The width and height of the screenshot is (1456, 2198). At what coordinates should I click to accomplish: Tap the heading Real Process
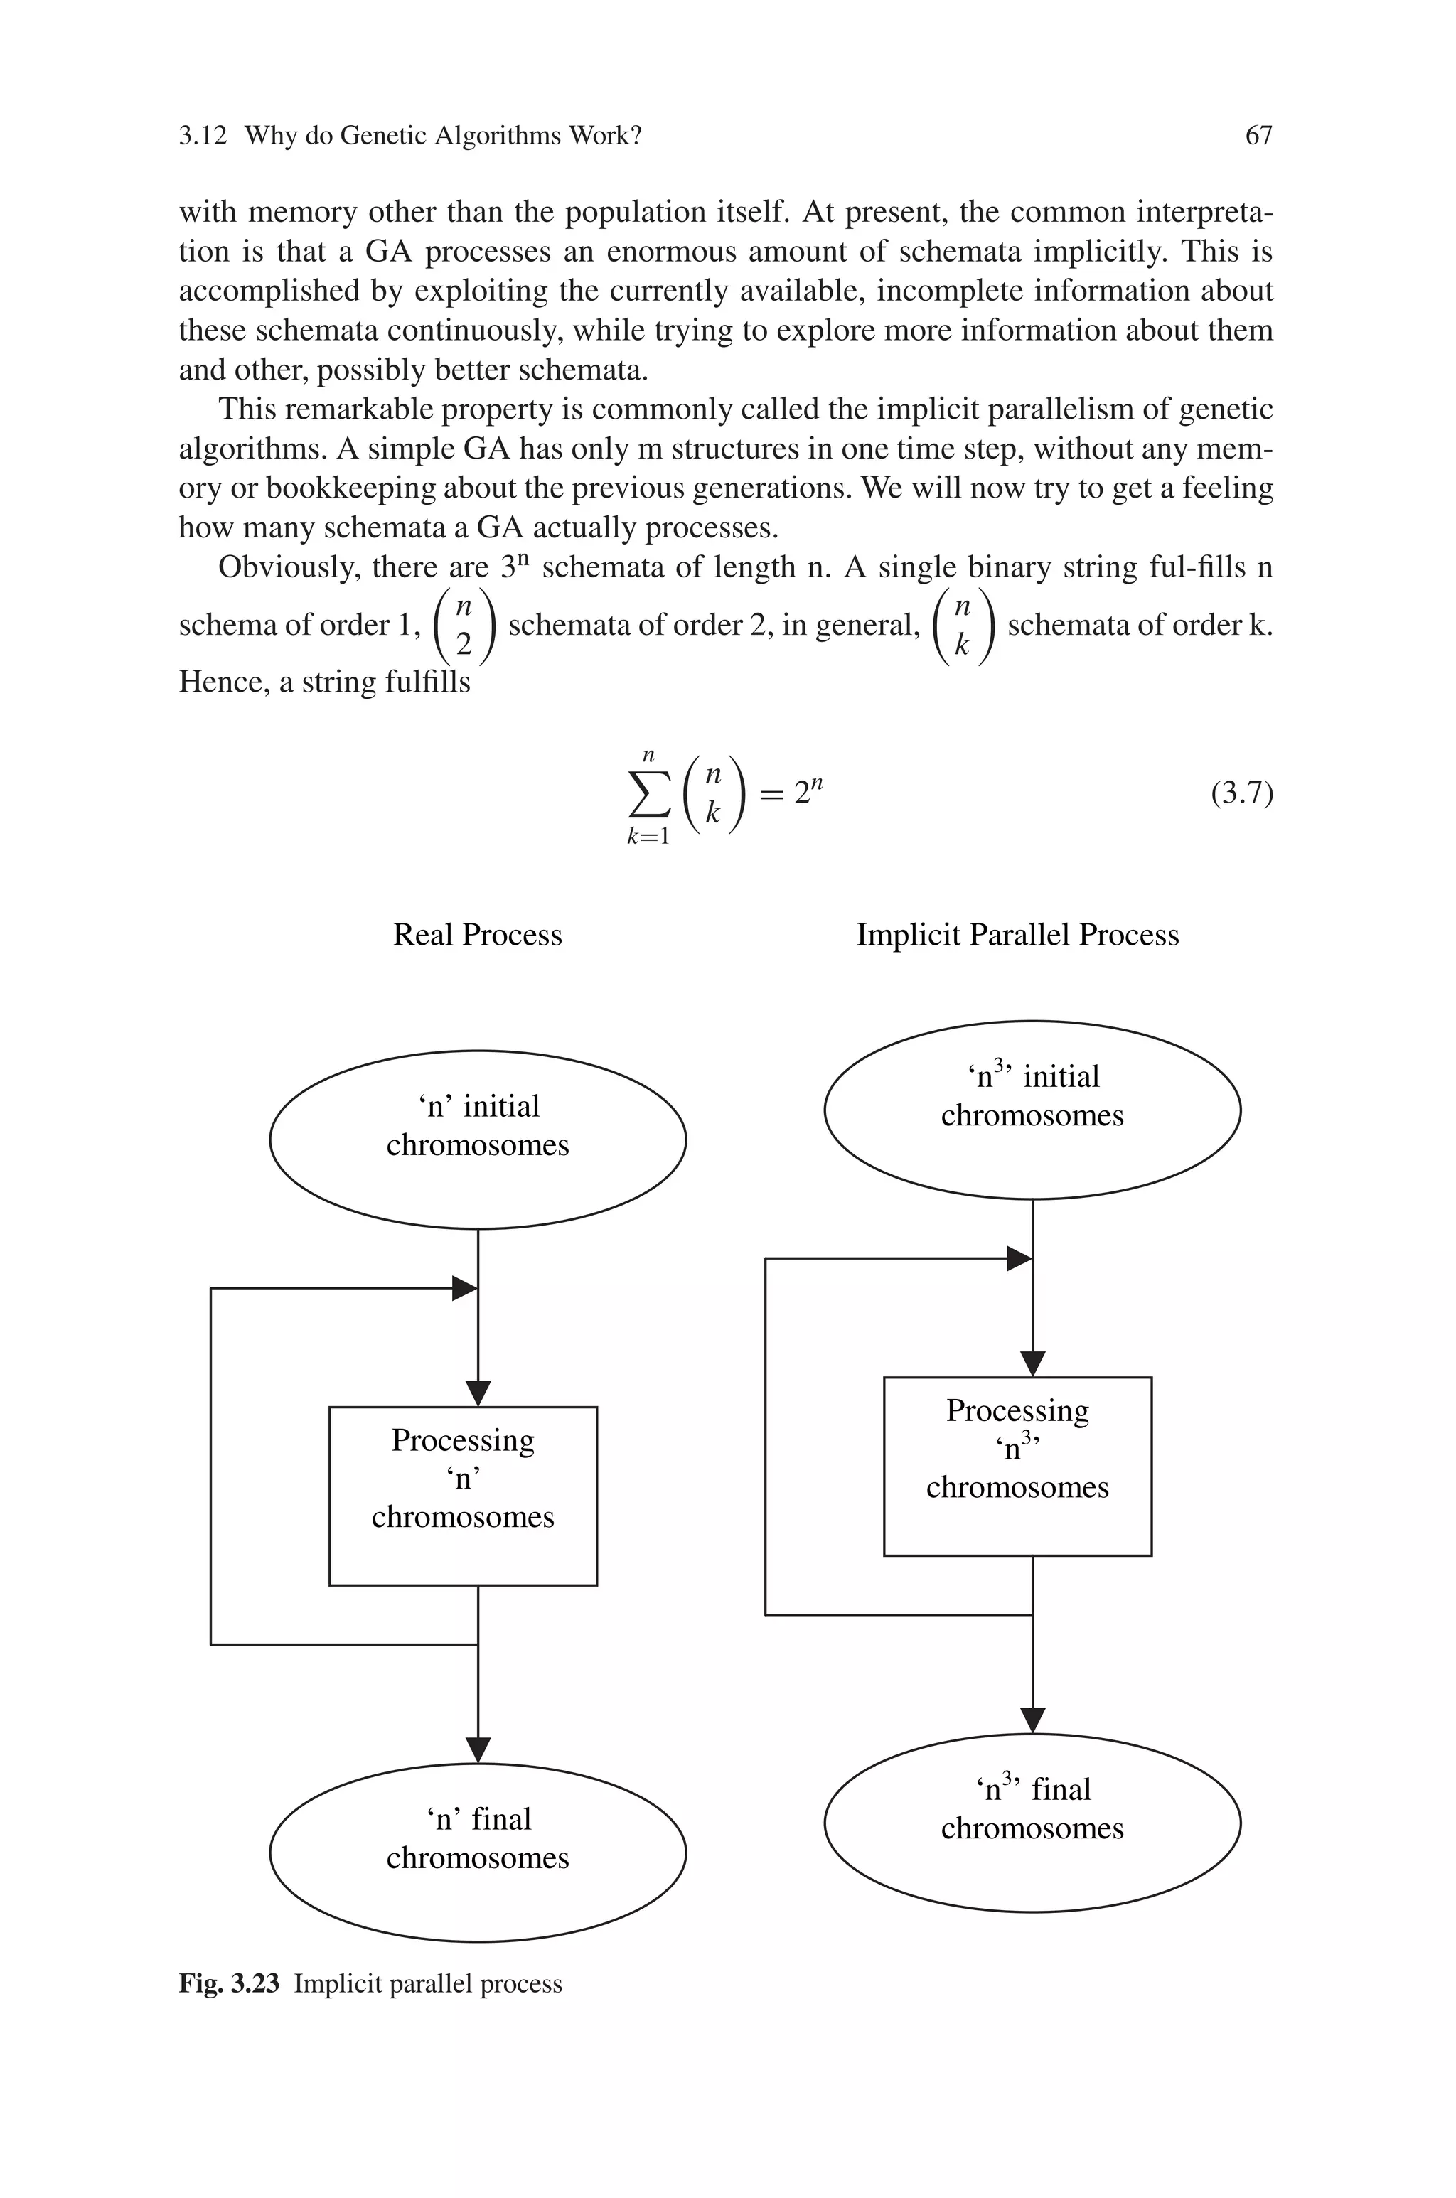(x=477, y=935)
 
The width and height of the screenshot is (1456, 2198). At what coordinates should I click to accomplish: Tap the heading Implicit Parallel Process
(x=1017, y=935)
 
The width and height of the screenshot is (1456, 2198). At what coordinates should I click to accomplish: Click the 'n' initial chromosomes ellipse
(x=477, y=1139)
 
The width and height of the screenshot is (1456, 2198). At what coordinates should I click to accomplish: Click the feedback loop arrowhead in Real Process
(x=464, y=1288)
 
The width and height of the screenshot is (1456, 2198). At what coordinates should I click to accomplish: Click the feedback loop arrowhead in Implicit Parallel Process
(x=1019, y=1259)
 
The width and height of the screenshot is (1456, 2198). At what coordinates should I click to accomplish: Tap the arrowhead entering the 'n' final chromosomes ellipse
(x=477, y=1749)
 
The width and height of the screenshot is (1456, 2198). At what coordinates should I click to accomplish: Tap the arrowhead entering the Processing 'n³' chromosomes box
(x=1032, y=1363)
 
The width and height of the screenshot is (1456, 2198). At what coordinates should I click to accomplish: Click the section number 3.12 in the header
(x=203, y=136)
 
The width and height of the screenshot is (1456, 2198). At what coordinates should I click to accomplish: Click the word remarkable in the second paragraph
(x=358, y=409)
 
